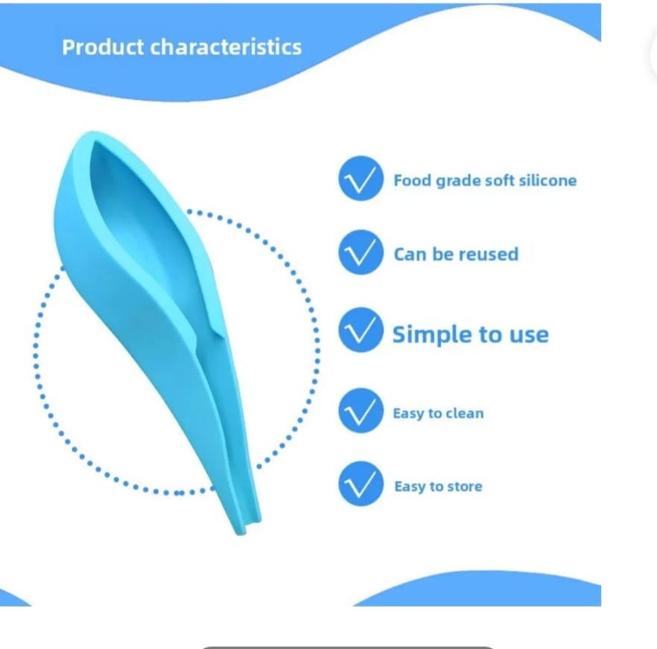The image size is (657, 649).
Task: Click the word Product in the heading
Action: [103, 47]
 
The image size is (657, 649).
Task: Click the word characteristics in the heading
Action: [226, 47]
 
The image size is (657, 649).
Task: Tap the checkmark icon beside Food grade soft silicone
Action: [361, 179]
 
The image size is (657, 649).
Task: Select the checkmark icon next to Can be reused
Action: [361, 252]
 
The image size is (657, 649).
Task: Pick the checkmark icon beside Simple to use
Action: [361, 330]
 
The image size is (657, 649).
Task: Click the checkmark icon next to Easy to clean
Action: [361, 410]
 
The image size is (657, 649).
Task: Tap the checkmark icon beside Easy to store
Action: [361, 484]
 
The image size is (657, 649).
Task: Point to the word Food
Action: [413, 180]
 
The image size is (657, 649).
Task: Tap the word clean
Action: [464, 413]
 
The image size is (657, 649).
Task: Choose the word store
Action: [465, 487]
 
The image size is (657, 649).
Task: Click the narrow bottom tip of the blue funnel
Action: [242, 531]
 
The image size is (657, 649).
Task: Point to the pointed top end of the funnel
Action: [89, 135]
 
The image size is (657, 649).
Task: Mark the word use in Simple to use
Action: [528, 336]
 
